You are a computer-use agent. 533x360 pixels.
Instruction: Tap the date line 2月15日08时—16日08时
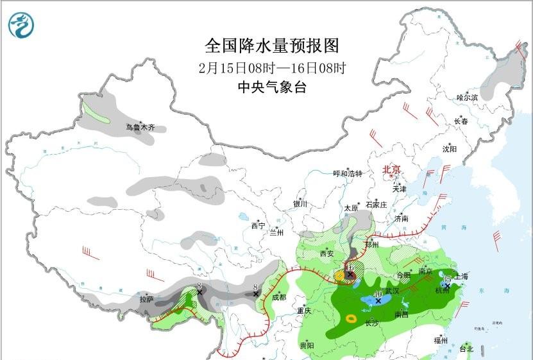[x=272, y=68]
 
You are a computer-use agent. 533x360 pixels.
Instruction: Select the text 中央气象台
[x=271, y=88]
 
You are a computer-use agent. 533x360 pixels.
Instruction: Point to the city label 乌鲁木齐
[x=140, y=128]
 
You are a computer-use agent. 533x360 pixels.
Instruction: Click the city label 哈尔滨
[x=467, y=98]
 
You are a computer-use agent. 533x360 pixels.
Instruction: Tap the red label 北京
[x=391, y=170]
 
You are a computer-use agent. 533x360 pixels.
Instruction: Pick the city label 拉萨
[x=146, y=299]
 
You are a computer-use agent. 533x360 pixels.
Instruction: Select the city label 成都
[x=280, y=297]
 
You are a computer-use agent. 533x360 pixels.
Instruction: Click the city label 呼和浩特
[x=348, y=174]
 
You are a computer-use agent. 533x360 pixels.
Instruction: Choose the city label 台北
[x=466, y=349]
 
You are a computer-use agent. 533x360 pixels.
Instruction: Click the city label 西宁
[x=258, y=225]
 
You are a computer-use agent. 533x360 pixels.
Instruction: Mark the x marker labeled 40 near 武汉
[x=379, y=300]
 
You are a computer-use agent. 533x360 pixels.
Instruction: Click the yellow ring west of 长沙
[x=351, y=318]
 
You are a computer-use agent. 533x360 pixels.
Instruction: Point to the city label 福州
[x=441, y=340]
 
